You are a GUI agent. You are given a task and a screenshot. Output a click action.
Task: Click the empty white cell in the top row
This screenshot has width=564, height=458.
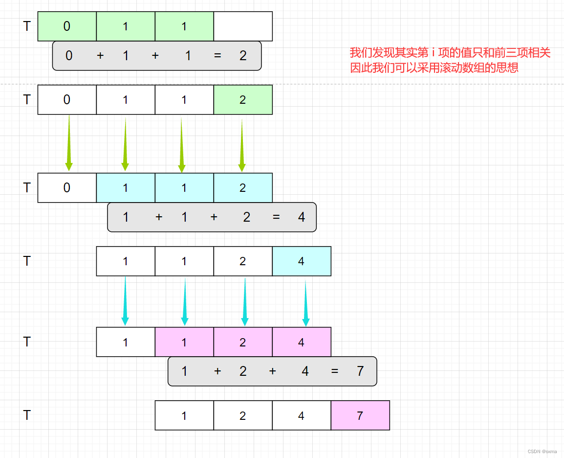243,26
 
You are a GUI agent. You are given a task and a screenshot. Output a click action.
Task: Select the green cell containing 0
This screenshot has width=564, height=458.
67,26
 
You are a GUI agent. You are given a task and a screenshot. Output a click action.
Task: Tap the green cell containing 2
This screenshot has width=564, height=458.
243,100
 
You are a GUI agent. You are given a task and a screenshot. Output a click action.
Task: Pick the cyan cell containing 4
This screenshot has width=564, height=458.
302,261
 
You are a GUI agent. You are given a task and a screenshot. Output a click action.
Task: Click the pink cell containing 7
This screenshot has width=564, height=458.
360,415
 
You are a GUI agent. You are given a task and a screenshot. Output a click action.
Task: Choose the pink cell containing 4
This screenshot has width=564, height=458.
302,342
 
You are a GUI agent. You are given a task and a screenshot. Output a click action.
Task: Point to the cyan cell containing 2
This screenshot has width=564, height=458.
243,188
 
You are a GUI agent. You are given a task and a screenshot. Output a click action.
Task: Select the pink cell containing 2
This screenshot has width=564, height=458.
243,342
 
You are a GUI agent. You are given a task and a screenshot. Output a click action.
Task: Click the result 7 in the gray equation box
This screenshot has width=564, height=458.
360,371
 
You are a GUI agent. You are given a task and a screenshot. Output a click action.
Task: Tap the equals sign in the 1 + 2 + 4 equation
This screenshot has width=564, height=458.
334,371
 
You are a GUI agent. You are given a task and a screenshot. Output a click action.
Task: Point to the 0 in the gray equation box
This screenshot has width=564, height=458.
69,56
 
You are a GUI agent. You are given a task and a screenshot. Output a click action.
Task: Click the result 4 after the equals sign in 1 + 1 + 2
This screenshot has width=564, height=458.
302,217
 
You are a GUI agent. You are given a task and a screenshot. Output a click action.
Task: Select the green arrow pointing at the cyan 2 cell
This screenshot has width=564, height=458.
241,145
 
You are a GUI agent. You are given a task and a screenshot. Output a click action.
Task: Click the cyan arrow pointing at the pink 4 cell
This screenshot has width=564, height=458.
306,303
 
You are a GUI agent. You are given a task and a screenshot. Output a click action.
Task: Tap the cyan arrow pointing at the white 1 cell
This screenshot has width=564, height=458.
125,301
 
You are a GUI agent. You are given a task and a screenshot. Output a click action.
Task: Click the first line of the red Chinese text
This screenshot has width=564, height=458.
450,53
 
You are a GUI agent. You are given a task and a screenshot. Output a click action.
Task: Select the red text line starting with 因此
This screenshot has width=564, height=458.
434,68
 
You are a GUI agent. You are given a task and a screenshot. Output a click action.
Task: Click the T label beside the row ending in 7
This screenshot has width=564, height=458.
26,415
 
